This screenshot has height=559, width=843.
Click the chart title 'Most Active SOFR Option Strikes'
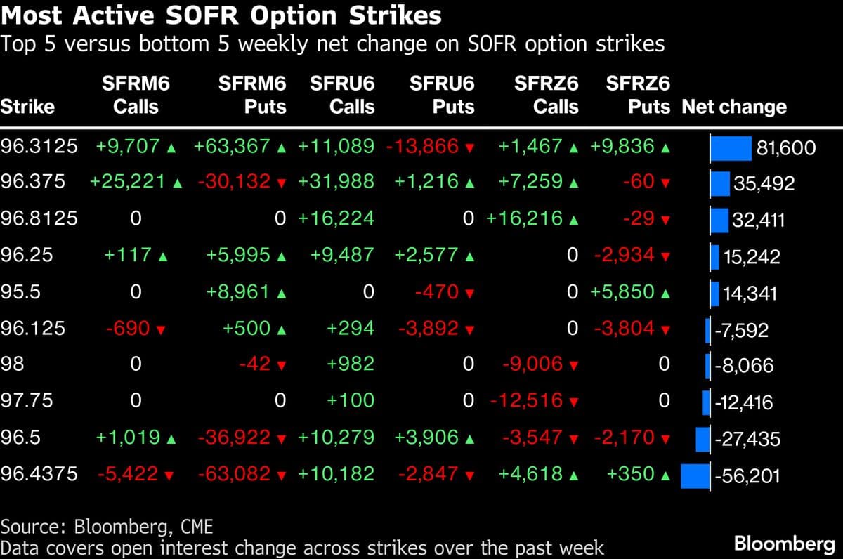click(x=222, y=15)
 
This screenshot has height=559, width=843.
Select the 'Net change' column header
click(x=733, y=107)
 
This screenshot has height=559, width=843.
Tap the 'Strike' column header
click(x=27, y=107)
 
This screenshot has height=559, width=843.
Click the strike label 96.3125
click(x=39, y=147)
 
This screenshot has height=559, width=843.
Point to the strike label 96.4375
click(x=39, y=475)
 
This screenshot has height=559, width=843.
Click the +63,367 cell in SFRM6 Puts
click(x=232, y=147)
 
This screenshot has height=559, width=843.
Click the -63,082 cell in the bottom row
click(x=234, y=475)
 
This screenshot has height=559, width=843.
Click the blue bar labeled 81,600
click(x=731, y=148)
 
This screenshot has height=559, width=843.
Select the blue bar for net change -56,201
click(x=695, y=476)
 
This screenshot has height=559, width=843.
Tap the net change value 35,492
click(x=764, y=184)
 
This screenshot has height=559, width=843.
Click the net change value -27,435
click(x=747, y=440)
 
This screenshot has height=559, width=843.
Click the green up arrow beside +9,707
click(x=170, y=147)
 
